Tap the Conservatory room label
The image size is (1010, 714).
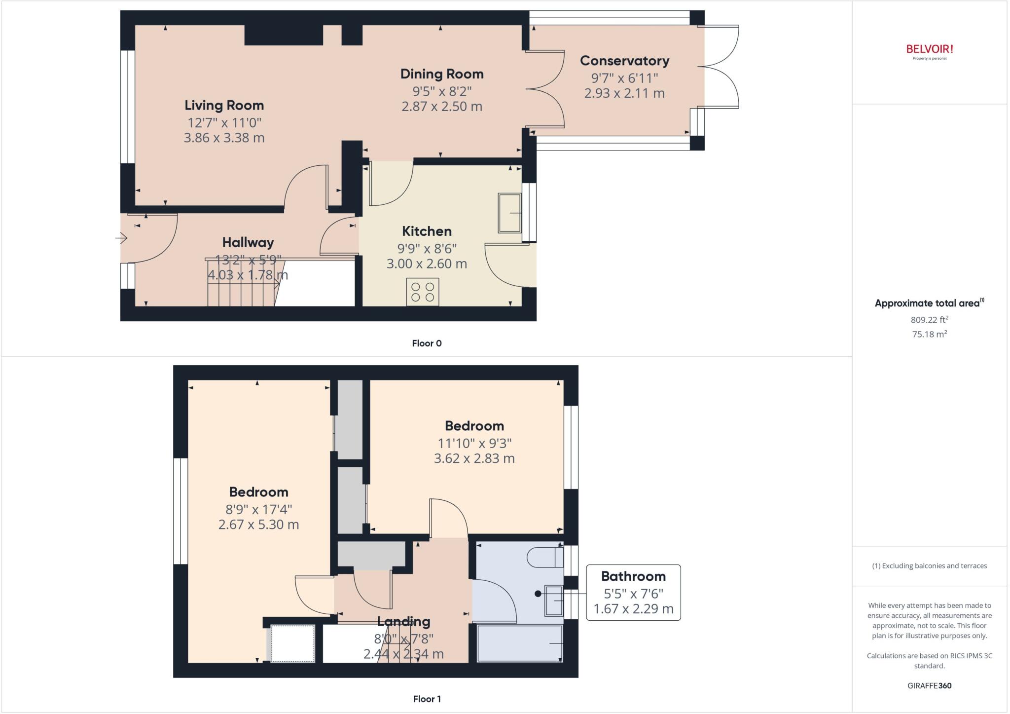(x=624, y=61)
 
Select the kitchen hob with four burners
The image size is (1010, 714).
(x=423, y=292)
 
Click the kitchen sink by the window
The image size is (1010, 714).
(x=509, y=213)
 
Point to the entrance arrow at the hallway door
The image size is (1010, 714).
(x=121, y=239)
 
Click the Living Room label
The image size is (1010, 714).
(x=224, y=105)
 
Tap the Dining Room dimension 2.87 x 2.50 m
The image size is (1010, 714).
(x=441, y=107)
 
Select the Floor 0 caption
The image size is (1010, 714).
(x=427, y=343)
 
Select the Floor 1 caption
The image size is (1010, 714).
(x=427, y=699)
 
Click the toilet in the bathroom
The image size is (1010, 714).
(x=545, y=558)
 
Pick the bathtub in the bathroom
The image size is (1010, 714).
(x=520, y=643)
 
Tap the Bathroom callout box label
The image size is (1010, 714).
(x=633, y=576)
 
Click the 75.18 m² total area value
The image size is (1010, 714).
(x=929, y=334)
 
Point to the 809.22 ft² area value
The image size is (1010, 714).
(x=929, y=320)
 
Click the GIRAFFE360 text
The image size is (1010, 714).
(x=929, y=685)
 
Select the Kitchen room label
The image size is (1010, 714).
(x=427, y=231)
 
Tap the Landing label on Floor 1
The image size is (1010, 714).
(x=403, y=621)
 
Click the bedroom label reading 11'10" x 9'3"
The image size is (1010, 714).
(x=474, y=443)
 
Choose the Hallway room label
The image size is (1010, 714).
(x=248, y=242)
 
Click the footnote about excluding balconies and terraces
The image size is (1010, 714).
(x=929, y=566)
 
